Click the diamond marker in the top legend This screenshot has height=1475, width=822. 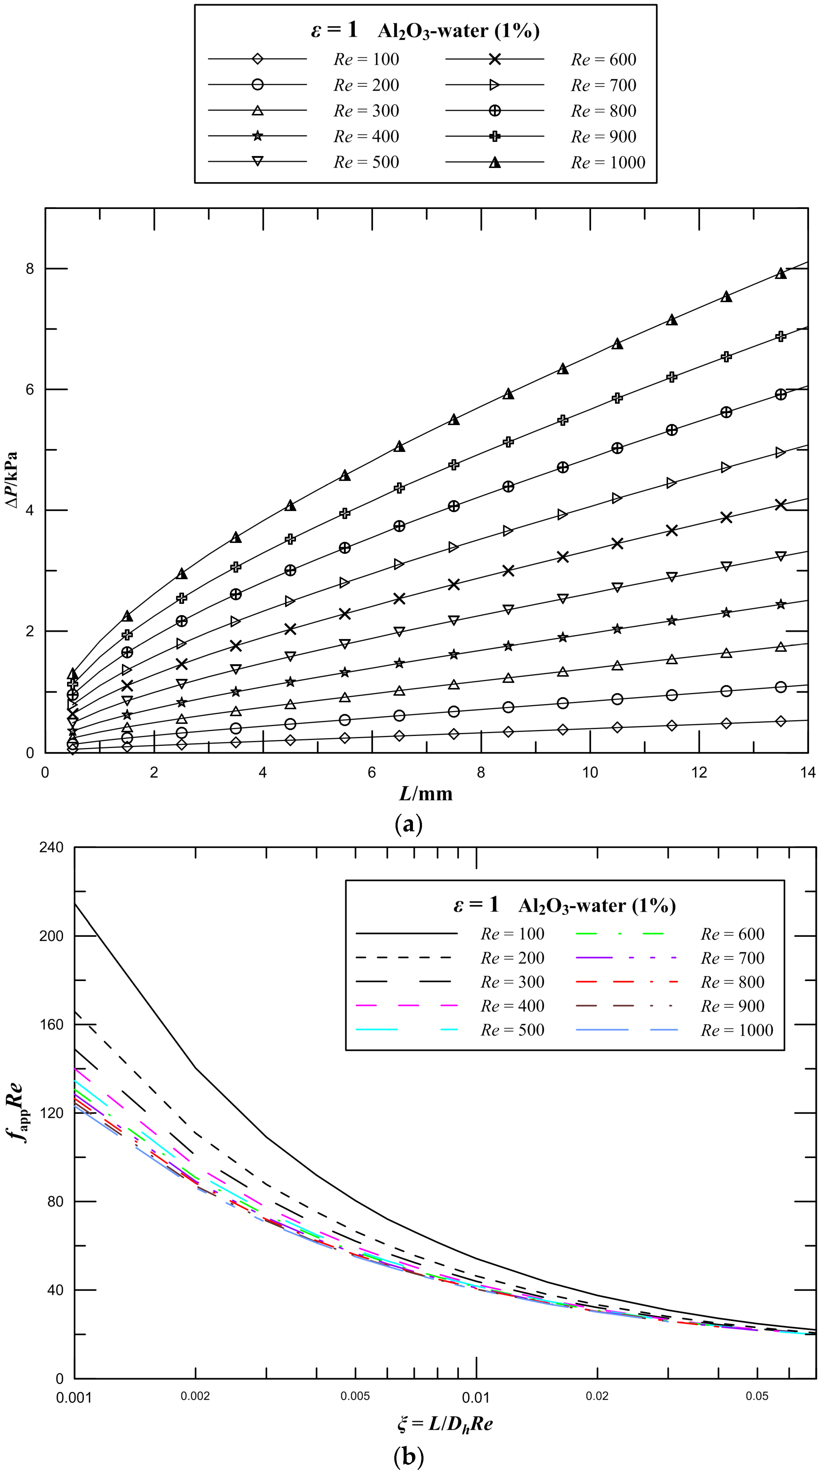[257, 59]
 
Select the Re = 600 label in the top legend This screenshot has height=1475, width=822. [603, 60]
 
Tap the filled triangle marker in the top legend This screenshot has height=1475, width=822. [494, 163]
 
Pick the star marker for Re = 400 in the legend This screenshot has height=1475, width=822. [257, 136]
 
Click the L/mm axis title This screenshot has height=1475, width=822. [426, 794]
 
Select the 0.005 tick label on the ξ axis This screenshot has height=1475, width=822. [355, 1396]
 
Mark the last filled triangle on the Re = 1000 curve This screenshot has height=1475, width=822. [780, 273]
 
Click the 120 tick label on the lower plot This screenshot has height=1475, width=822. [51, 1112]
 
